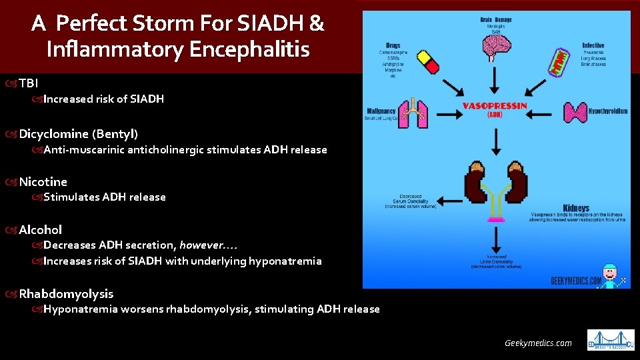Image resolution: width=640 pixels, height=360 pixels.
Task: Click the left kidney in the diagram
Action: click(x=476, y=181)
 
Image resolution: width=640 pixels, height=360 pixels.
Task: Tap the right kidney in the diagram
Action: click(x=513, y=181)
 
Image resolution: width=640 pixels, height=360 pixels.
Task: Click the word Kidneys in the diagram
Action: click(x=576, y=208)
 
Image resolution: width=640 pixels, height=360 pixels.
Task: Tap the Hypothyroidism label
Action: click(x=608, y=111)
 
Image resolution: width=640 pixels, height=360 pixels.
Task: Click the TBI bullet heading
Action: click(x=29, y=83)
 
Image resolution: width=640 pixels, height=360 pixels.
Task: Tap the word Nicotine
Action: click(x=43, y=181)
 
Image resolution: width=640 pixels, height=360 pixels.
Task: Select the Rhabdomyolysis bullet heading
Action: click(x=66, y=293)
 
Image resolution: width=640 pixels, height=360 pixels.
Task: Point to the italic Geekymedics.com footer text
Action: click(x=538, y=343)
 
